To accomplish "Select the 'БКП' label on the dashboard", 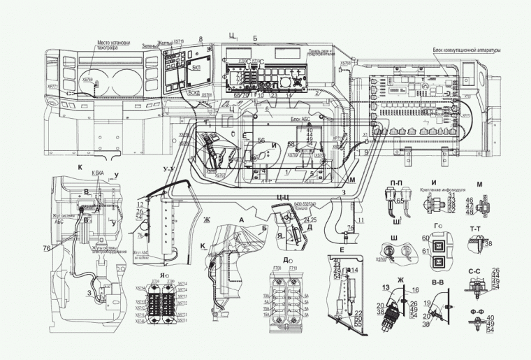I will point(196,69).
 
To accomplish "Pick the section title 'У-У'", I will point(168,169).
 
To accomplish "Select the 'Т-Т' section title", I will point(477,229).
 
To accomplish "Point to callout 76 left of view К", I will point(46,247).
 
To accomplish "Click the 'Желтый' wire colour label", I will point(164,43).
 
